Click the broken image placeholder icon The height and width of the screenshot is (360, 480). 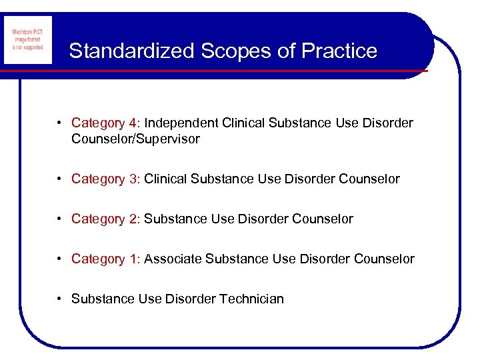point(27,41)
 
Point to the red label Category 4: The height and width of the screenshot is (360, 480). point(106,123)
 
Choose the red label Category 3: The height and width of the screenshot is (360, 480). point(106,179)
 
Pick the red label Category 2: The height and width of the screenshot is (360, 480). point(106,219)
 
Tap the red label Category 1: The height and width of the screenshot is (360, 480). point(106,259)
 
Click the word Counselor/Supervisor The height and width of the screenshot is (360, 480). point(135,140)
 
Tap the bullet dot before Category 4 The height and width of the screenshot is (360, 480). point(60,123)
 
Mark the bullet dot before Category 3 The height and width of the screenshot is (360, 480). point(60,179)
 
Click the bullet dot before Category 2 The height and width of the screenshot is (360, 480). point(60,219)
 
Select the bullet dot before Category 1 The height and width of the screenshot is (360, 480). point(60,259)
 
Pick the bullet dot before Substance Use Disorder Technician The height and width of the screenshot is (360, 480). point(60,299)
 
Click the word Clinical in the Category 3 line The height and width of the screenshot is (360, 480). point(165,179)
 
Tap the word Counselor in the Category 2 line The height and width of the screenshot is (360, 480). point(323,219)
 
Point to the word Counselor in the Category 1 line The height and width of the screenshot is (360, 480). point(384,259)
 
